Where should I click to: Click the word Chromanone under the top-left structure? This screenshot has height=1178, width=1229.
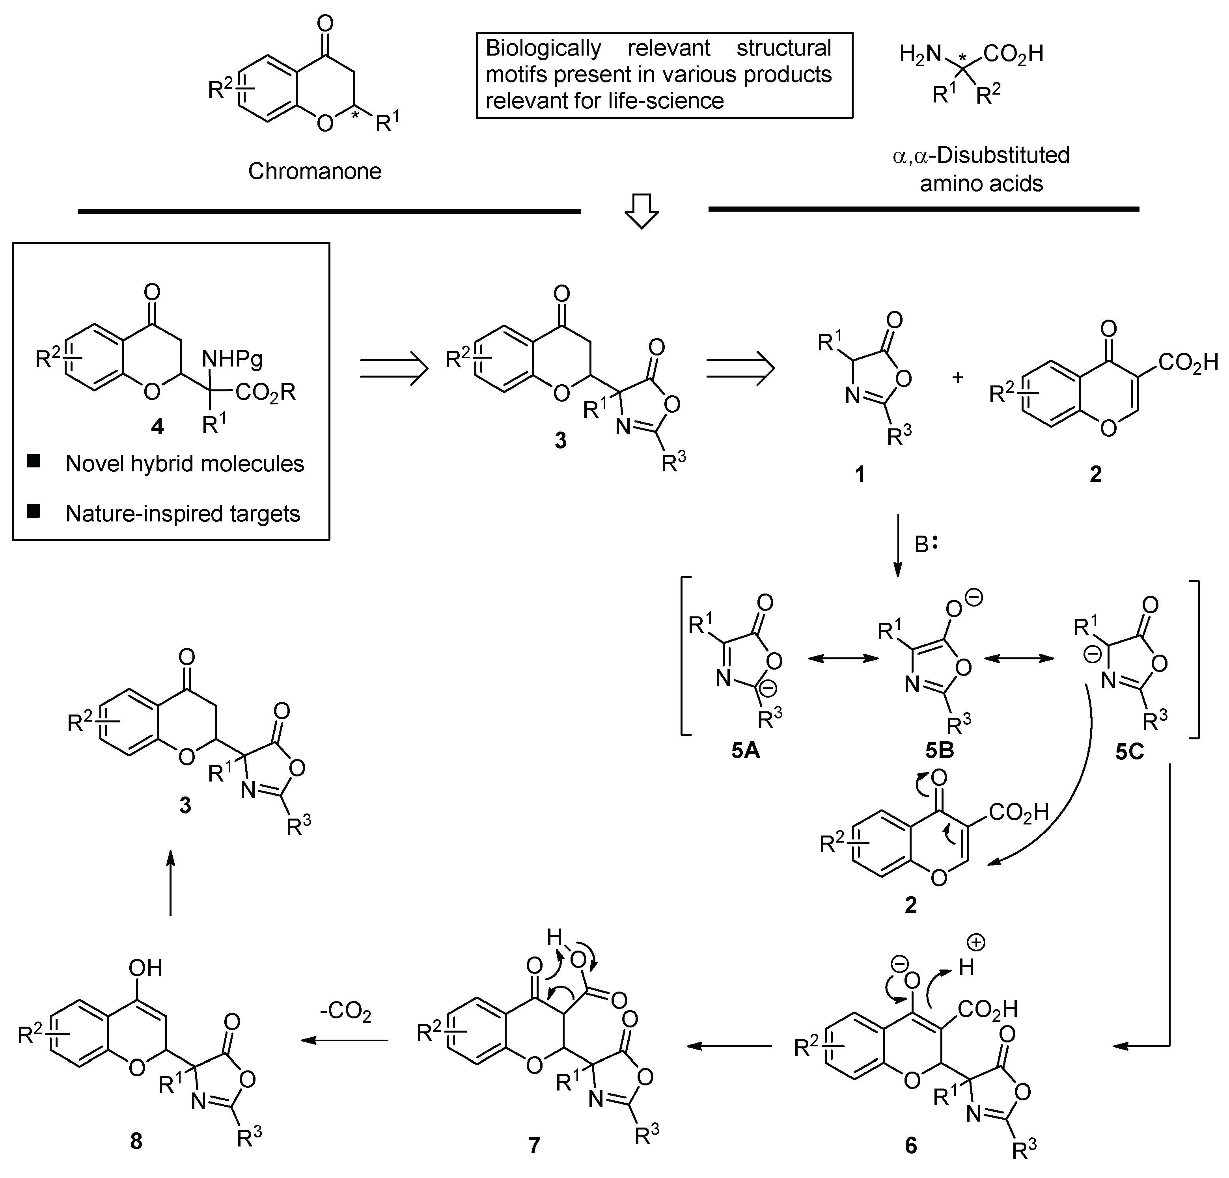314,171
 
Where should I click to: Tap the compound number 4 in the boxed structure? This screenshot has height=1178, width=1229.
157,427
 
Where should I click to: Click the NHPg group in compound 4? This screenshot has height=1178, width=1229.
232,359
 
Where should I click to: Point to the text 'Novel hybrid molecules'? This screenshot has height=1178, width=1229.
185,464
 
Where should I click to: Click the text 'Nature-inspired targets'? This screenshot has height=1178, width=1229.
183,514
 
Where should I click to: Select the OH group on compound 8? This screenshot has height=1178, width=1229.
145,968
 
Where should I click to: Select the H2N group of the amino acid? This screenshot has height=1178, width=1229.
920,54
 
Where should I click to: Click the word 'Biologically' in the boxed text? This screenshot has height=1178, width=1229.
543,48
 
